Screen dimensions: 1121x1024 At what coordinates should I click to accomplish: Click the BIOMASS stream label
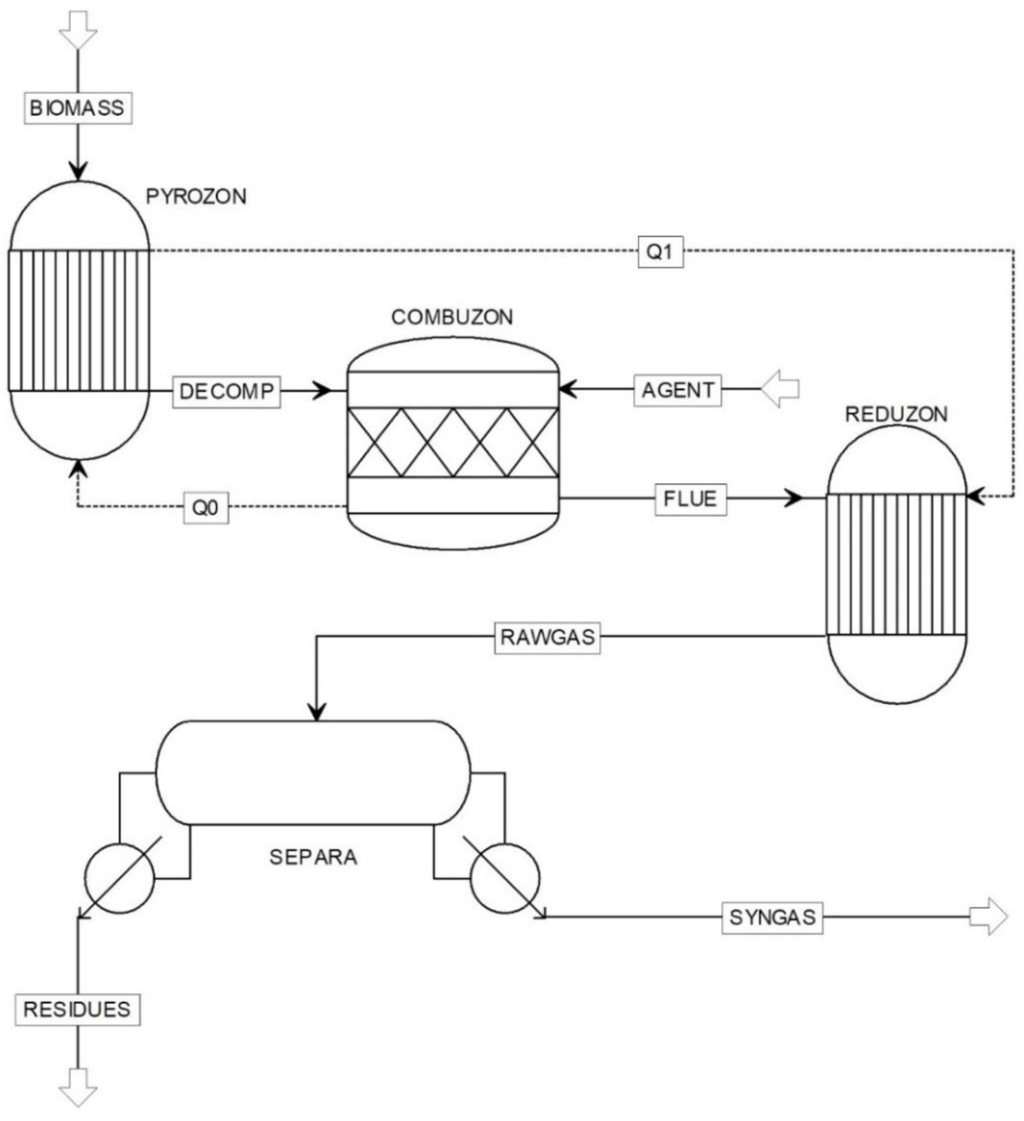(78, 108)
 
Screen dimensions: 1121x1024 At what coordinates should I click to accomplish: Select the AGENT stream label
(678, 390)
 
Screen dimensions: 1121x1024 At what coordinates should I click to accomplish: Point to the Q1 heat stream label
(660, 252)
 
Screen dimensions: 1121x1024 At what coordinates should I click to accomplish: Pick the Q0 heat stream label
(206, 508)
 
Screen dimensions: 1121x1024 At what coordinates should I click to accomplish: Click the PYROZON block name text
(196, 197)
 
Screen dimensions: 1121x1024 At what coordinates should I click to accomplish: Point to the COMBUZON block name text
(452, 318)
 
